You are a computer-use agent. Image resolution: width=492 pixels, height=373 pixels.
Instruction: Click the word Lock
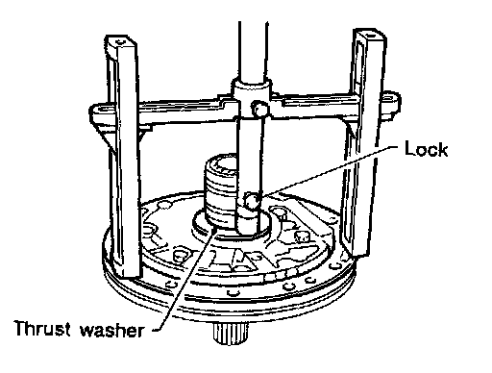(x=426, y=149)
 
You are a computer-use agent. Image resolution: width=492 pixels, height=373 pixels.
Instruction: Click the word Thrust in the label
(x=42, y=328)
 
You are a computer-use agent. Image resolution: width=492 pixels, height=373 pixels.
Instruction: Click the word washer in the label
(x=111, y=330)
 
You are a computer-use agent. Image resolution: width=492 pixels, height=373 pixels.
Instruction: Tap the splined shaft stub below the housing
(x=231, y=333)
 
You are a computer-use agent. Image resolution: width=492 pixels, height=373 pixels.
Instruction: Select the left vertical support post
(x=123, y=157)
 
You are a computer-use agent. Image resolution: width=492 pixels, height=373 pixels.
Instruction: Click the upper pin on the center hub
(x=259, y=110)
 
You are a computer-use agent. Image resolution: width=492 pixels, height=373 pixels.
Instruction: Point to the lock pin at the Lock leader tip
(x=252, y=201)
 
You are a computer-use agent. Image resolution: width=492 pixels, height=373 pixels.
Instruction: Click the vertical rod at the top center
(x=253, y=51)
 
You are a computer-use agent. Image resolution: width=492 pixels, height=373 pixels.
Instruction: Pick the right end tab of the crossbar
(x=391, y=103)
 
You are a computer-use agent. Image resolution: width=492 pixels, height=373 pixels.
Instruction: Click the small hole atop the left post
(x=120, y=41)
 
